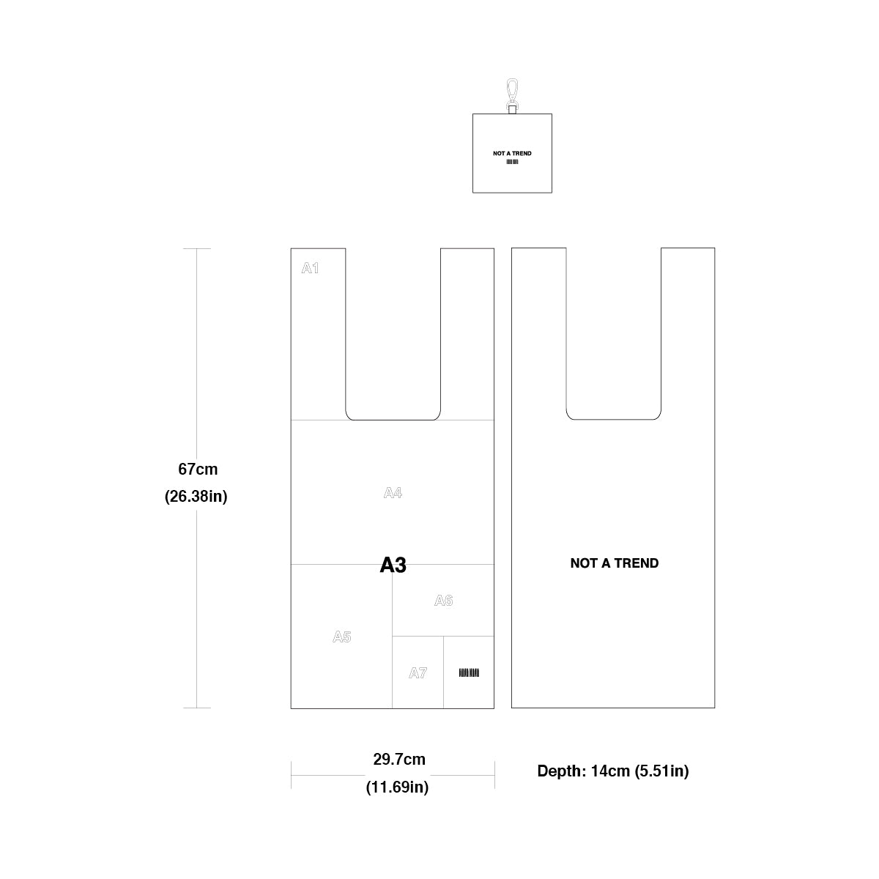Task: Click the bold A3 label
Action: (393, 565)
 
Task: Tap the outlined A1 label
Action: (310, 268)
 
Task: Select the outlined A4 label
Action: (393, 493)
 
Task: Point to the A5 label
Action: (341, 637)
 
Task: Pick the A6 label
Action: (443, 601)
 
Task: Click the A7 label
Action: (418, 673)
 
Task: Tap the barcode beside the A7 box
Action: (469, 672)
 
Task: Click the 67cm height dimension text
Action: (198, 470)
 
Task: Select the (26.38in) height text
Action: (196, 497)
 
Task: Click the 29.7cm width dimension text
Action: (399, 759)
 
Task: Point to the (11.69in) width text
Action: (397, 787)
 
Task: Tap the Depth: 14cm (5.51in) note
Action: (613, 771)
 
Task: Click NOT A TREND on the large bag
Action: (615, 563)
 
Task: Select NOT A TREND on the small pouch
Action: (512, 153)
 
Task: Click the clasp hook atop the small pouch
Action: (512, 96)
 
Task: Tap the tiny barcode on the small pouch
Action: (512, 162)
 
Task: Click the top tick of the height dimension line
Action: (196, 248)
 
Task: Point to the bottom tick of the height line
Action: (196, 708)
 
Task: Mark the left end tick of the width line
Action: (291, 775)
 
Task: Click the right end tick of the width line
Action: (494, 775)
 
